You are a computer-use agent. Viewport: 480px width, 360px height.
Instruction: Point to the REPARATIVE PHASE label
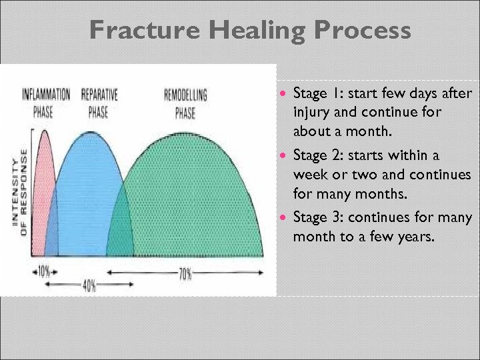coord(98,103)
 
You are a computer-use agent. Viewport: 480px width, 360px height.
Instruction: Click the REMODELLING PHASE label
coord(185,103)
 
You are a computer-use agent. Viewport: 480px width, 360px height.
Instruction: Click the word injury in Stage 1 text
coord(311,112)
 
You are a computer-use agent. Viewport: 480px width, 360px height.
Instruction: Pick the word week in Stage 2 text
coord(309,174)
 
